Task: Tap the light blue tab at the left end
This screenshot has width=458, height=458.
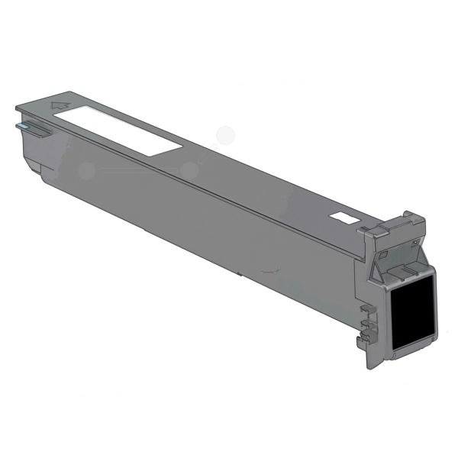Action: [x=22, y=124]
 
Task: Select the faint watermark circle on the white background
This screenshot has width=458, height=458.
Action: [x=226, y=136]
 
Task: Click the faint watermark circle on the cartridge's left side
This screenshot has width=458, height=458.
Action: [x=87, y=169]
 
